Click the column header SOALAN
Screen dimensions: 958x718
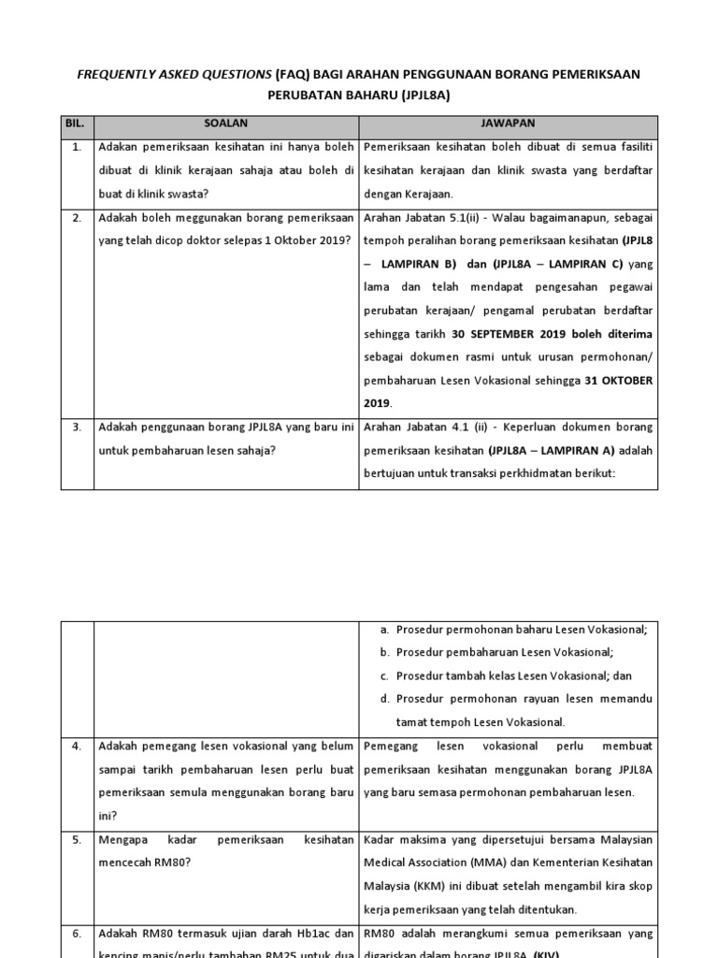pos(226,123)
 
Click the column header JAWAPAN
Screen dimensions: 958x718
pos(510,123)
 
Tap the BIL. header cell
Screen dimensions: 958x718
pos(76,123)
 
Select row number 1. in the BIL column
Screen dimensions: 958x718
pos(76,148)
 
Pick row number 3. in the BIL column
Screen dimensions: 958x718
pos(76,428)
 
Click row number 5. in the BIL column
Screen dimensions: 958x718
pos(76,839)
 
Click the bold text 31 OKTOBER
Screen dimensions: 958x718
pos(619,381)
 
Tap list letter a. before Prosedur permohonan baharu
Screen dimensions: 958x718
pos(384,630)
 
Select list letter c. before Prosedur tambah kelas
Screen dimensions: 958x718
pos(384,675)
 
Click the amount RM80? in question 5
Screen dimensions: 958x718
pos(171,863)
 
